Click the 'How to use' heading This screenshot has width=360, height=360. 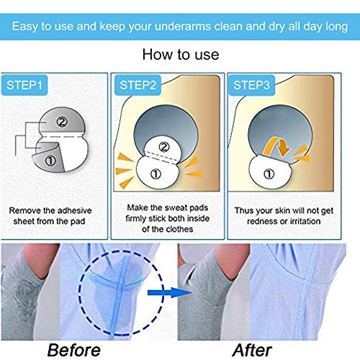[x=179, y=53]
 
